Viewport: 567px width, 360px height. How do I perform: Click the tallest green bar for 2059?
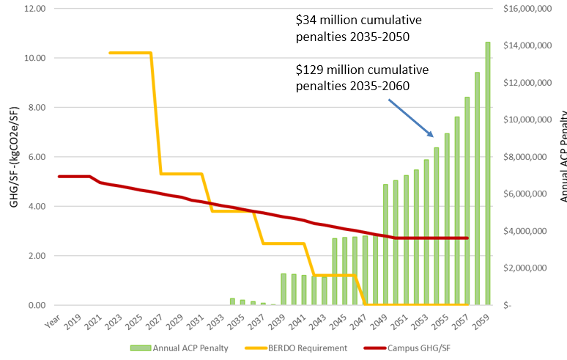click(488, 173)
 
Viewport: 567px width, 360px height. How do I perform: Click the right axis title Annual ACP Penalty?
click(561, 156)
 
